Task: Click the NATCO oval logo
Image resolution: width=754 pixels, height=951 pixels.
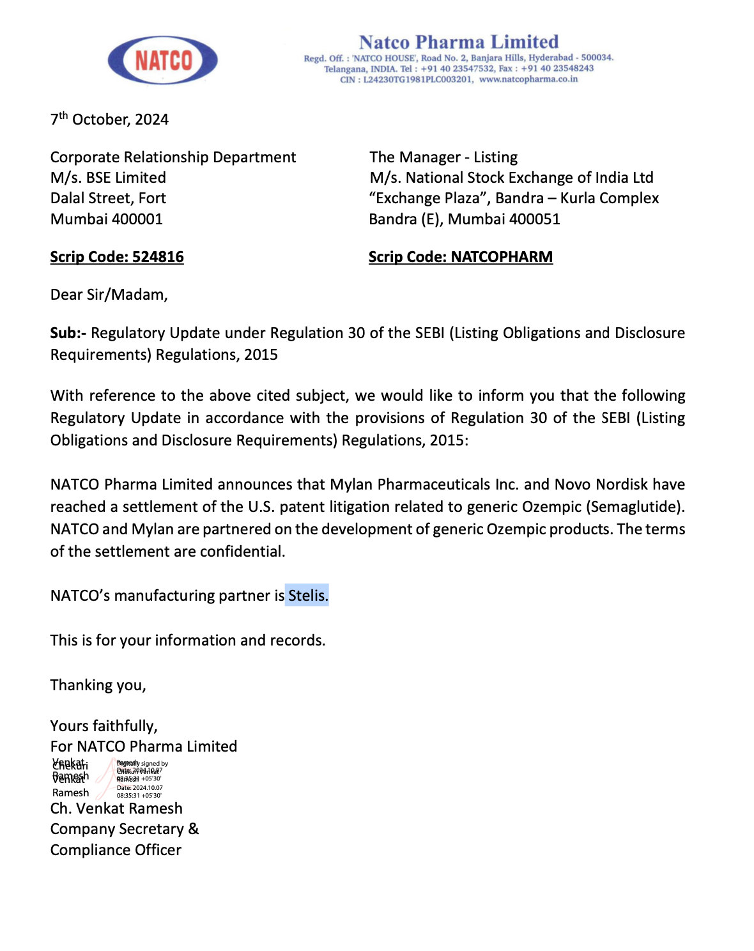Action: tap(163, 60)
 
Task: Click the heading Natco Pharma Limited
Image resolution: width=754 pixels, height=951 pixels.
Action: tap(458, 42)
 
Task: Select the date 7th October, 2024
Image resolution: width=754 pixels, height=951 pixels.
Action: tap(109, 120)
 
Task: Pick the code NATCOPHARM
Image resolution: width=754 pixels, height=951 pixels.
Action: tap(502, 257)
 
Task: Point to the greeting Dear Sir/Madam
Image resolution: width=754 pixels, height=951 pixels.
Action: tap(109, 295)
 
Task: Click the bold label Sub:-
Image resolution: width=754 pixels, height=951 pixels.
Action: tap(68, 333)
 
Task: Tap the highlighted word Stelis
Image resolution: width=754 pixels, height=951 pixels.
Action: tap(307, 596)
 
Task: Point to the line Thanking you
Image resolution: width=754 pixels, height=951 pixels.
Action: tap(98, 685)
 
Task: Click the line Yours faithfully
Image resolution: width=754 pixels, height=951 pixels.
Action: tap(104, 726)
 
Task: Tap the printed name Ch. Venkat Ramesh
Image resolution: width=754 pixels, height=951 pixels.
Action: tap(116, 808)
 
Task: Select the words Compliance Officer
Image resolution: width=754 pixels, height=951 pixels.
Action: tap(116, 850)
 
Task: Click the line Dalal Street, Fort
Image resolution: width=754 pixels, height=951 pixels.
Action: tap(108, 198)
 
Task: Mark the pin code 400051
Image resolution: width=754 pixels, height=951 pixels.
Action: tap(535, 219)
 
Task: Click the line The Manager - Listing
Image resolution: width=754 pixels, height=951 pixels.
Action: tap(443, 157)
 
